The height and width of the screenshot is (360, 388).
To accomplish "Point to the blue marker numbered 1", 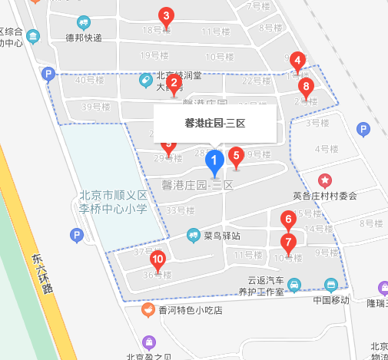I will coord(216,162).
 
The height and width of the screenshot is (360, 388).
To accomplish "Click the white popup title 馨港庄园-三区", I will coord(214,122).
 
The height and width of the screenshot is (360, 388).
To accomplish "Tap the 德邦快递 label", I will coord(84,37).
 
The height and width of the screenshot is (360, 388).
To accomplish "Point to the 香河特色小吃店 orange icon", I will coord(148,310).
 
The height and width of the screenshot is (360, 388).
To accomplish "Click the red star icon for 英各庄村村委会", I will coord(326,180).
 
